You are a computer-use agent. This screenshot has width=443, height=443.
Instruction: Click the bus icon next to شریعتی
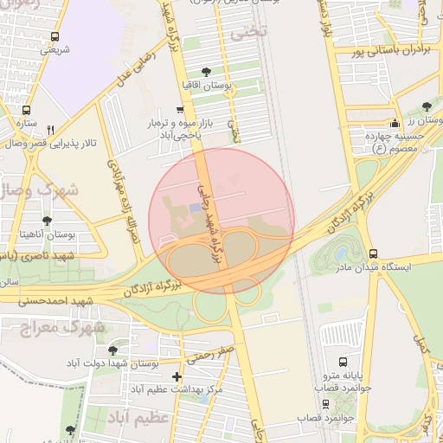click(x=55, y=36)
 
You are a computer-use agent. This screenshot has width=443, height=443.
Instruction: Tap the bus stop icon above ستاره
click(x=26, y=111)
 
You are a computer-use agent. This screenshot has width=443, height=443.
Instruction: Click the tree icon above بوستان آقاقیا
click(x=205, y=72)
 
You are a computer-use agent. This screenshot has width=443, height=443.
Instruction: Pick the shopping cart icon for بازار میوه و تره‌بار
click(x=179, y=110)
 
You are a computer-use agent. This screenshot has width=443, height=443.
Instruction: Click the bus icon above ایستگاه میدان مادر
click(x=373, y=254)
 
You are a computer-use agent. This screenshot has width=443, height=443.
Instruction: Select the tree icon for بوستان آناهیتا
click(x=46, y=221)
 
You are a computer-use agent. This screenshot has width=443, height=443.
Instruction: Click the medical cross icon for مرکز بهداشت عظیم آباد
click(x=177, y=376)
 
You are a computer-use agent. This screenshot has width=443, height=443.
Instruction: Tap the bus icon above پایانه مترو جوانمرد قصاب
click(x=343, y=362)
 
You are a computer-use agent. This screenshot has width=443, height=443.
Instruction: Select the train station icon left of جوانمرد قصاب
click(x=324, y=403)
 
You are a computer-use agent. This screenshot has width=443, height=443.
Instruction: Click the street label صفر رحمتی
click(x=215, y=351)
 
